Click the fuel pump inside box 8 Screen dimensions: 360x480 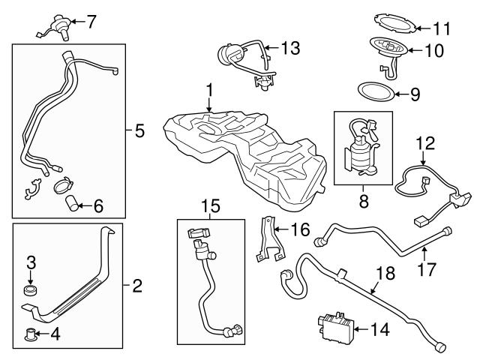360,153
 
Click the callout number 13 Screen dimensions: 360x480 290,48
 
